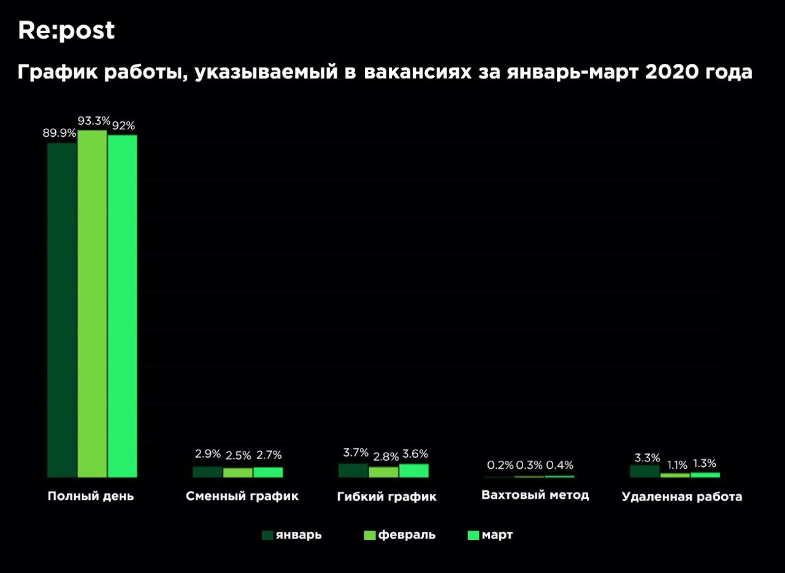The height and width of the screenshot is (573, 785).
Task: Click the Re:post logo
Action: (66, 30)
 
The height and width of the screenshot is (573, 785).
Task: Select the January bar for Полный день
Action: (62, 310)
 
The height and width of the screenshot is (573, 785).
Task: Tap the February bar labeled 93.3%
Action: (92, 304)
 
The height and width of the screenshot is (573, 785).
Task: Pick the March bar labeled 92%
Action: (122, 306)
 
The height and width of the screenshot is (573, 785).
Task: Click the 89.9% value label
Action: (59, 133)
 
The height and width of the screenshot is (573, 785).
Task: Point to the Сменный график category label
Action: (242, 496)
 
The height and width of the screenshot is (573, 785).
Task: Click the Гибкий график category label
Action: (386, 497)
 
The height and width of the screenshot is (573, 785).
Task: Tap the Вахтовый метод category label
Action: (535, 495)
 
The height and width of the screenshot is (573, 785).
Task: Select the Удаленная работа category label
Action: (681, 497)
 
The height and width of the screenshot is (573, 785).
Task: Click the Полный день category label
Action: (91, 496)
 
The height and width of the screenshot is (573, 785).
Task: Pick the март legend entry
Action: (489, 535)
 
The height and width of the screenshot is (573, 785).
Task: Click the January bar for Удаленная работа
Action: (645, 471)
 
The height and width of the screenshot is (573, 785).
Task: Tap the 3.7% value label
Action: (356, 453)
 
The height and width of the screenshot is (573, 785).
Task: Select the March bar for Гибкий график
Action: (414, 471)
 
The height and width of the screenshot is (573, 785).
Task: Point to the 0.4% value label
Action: (560, 465)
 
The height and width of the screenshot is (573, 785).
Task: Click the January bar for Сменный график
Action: (207, 472)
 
